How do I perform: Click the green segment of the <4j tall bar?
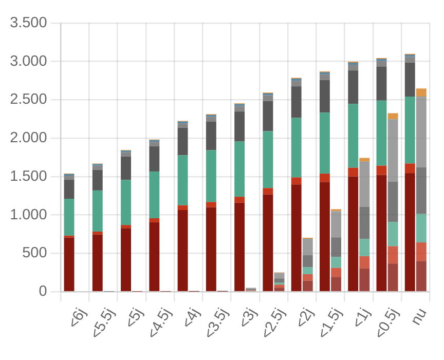point(182,180)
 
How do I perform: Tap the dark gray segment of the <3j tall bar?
point(239,126)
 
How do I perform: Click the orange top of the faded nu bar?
point(421,92)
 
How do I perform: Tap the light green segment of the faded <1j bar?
point(364,247)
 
